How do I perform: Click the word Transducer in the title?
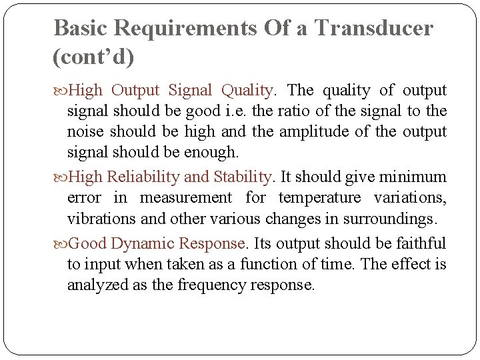tap(373, 28)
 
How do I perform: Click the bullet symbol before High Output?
tap(60, 90)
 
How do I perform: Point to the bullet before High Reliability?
tap(60, 177)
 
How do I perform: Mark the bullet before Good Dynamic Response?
tap(60, 243)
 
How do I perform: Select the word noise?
tap(85, 131)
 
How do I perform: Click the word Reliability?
tap(143, 177)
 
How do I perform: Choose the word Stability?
tap(243, 177)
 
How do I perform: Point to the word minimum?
tap(413, 177)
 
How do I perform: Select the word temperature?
tap(320, 198)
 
